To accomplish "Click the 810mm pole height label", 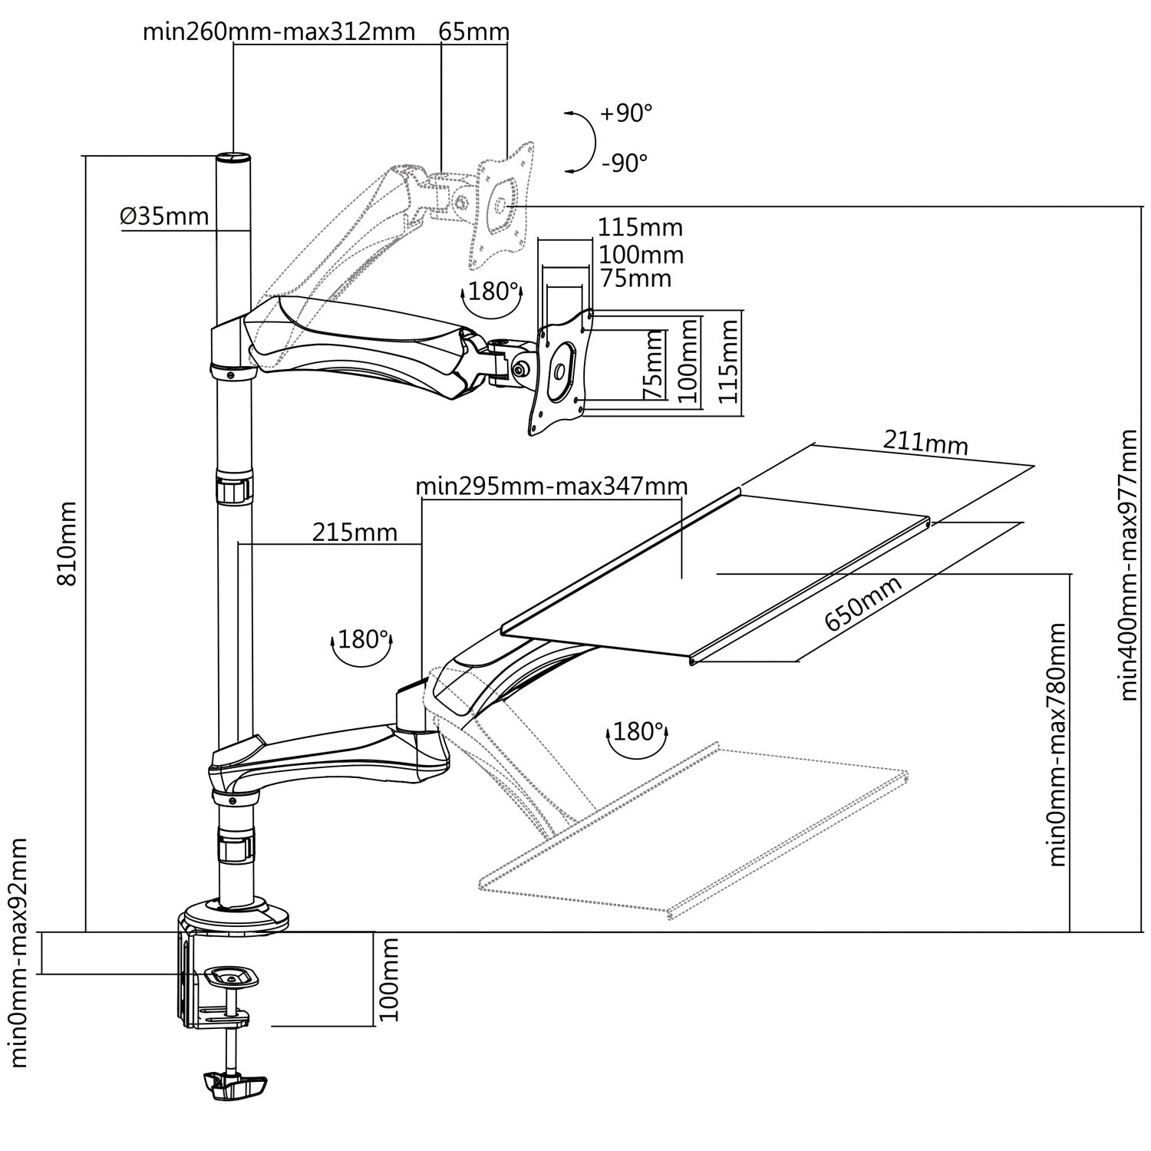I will click(x=68, y=543).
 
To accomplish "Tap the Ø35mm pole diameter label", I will click(x=164, y=216).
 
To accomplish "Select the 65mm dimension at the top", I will click(x=473, y=31).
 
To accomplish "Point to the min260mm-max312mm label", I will click(x=279, y=31).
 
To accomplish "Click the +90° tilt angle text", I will click(x=626, y=114).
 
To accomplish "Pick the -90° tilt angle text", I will click(x=625, y=163).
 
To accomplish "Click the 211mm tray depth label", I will click(x=925, y=443).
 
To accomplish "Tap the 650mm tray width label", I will click(x=862, y=603).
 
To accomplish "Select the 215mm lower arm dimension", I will click(x=355, y=531).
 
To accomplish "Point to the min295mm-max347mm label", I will click(x=551, y=486).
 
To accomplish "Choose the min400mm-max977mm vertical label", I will click(x=1128, y=565).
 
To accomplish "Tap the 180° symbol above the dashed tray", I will click(x=636, y=733).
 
